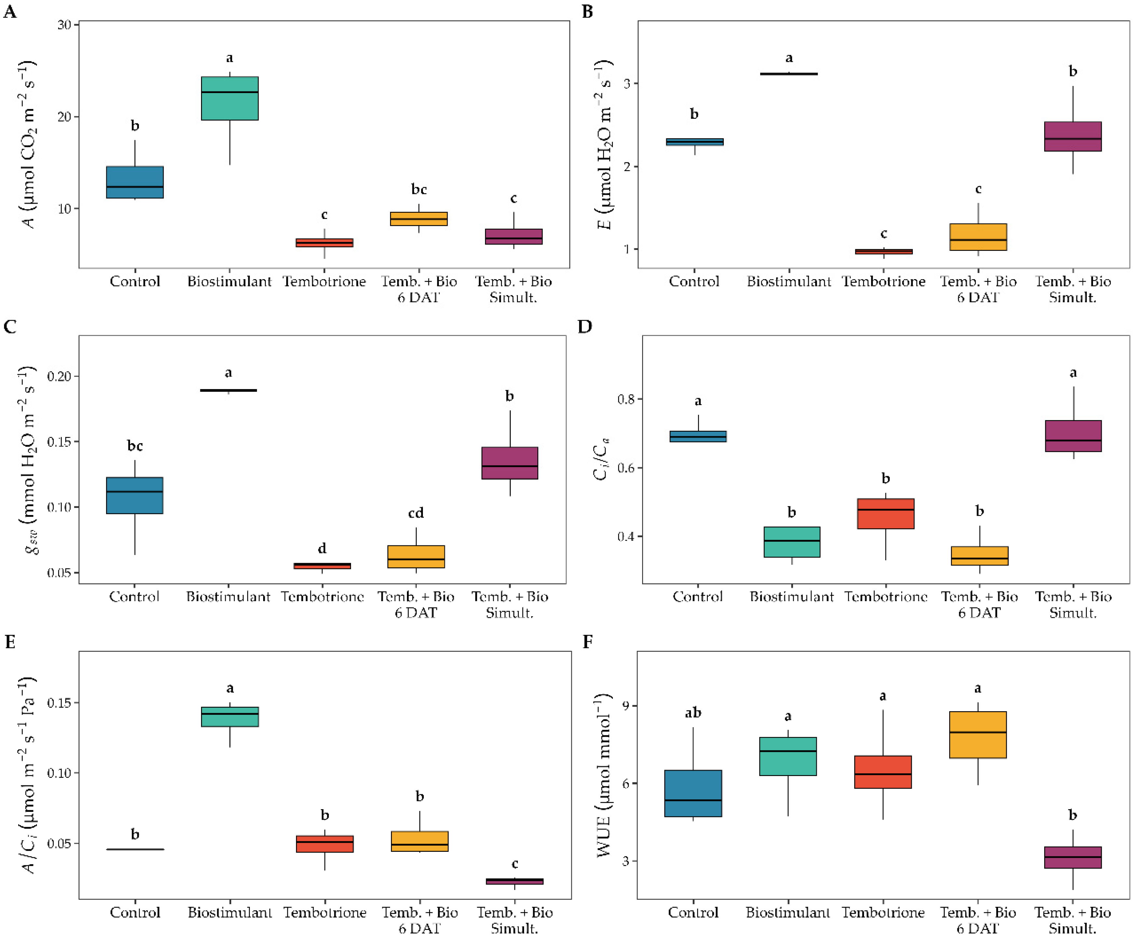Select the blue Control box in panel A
pyautogui.click(x=135, y=183)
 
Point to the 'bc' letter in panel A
pyautogui.click(x=419, y=189)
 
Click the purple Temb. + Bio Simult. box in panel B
pyautogui.click(x=1072, y=137)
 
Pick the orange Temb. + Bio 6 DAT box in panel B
pyautogui.click(x=978, y=237)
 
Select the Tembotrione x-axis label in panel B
pyautogui.click(x=883, y=281)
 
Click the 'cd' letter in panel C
pyautogui.click(x=415, y=513)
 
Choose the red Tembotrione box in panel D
pyautogui.click(x=885, y=514)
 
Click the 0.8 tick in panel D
pyautogui.click(x=627, y=399)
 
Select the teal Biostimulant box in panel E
pyautogui.click(x=230, y=717)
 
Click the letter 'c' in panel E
pyautogui.click(x=515, y=864)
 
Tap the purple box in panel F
pyautogui.click(x=1072, y=857)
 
